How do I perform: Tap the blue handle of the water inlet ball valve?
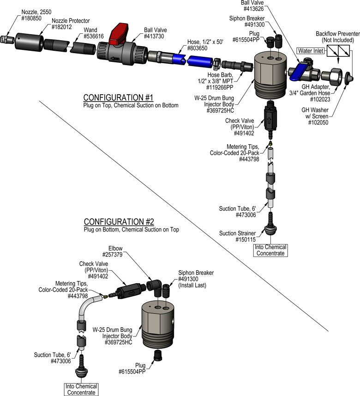click(x=298, y=72)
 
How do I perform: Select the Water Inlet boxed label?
click(x=311, y=51)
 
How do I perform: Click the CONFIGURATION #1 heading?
click(x=118, y=97)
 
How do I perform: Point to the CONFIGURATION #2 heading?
click(x=119, y=221)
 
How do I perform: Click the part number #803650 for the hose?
click(x=197, y=48)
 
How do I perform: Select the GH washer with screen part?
click(x=349, y=78)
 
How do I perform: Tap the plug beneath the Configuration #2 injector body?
click(x=158, y=355)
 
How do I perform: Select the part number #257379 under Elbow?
click(x=112, y=255)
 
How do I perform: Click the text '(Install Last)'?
click(x=192, y=286)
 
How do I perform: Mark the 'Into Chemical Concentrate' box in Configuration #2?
click(x=81, y=389)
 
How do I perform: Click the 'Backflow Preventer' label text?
click(x=337, y=34)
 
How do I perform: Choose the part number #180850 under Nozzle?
click(x=31, y=18)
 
